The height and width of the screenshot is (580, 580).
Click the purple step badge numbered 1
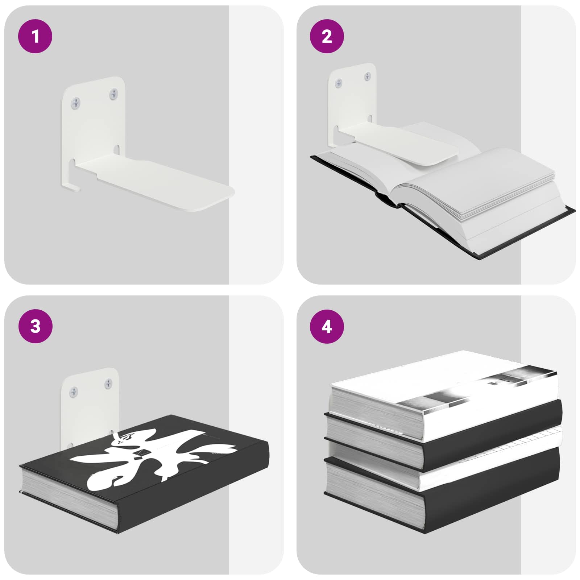35,36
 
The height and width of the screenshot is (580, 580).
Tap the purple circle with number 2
327,36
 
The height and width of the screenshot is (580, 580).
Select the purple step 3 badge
35,326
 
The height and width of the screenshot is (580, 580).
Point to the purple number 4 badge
327,326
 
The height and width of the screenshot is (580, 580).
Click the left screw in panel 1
76,103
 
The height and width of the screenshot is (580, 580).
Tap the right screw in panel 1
114,94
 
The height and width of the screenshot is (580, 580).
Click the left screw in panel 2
339,83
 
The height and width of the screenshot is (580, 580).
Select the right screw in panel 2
368,76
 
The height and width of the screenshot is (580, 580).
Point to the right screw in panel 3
108,384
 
